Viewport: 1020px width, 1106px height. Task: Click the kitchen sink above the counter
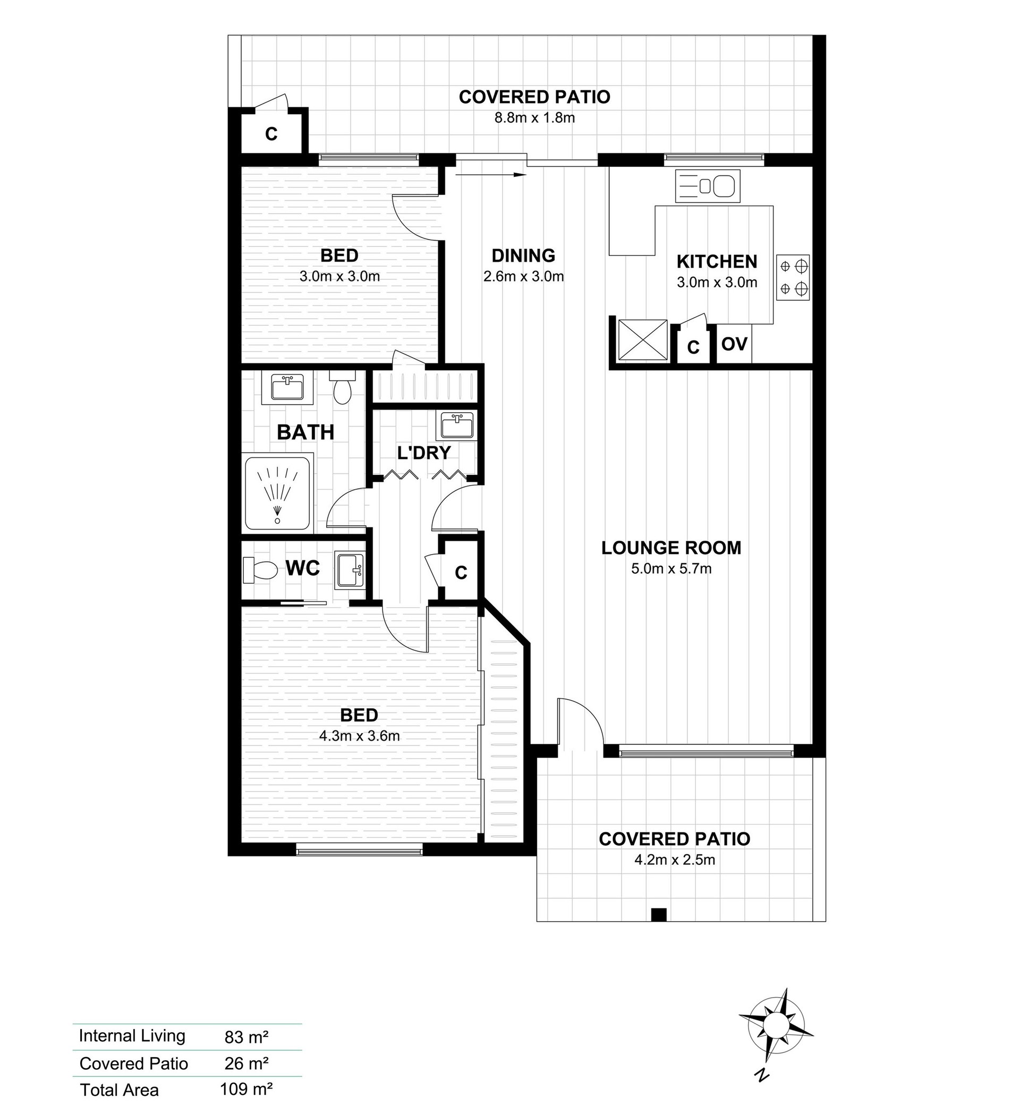(x=708, y=185)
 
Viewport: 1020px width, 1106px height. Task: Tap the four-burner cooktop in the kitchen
(x=793, y=277)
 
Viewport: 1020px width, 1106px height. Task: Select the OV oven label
(x=734, y=344)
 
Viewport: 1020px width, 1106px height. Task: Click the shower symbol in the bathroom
(x=278, y=493)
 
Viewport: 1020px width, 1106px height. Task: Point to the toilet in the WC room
(x=260, y=569)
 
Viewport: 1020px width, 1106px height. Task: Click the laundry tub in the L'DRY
(x=457, y=426)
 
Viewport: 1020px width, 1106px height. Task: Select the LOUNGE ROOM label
(x=671, y=548)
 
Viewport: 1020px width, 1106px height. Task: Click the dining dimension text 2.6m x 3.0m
(x=523, y=276)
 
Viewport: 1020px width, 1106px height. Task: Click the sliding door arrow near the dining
(x=491, y=175)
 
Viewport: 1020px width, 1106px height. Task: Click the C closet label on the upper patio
(x=271, y=134)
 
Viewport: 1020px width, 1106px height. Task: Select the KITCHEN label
(x=717, y=261)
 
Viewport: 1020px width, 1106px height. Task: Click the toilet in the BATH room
(x=342, y=387)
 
